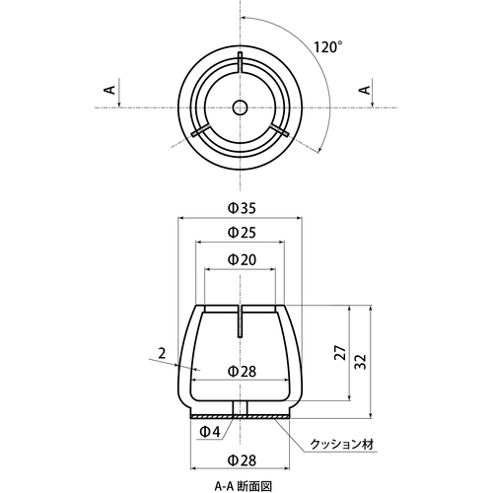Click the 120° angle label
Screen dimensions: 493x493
pyautogui.click(x=327, y=47)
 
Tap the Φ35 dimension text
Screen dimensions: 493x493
pyautogui.click(x=243, y=208)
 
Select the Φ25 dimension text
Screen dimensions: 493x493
pyautogui.click(x=243, y=233)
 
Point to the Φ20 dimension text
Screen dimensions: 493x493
pyautogui.click(x=243, y=259)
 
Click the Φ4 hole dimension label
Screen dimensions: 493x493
pyautogui.click(x=210, y=432)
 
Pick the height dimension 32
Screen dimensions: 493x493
pyautogui.click(x=361, y=362)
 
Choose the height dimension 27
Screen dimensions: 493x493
pyautogui.click(x=340, y=352)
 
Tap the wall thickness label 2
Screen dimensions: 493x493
pyautogui.click(x=162, y=354)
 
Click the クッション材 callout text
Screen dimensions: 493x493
pyautogui.click(x=342, y=445)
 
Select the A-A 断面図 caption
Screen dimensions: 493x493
pyautogui.click(x=244, y=486)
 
